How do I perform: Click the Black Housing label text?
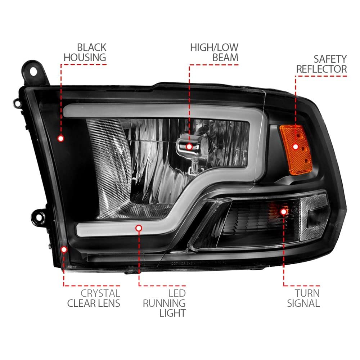[x=85, y=53]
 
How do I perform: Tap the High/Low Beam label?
[x=214, y=53]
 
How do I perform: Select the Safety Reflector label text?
[x=321, y=64]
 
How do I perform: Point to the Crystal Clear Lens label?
[x=94, y=298]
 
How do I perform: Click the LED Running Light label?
[x=164, y=303]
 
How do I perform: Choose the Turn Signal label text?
[x=303, y=298]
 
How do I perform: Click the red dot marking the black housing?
[x=61, y=139]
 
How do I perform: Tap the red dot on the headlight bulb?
[x=189, y=147]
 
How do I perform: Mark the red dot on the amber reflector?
[x=296, y=147]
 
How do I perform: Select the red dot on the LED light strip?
[x=139, y=228]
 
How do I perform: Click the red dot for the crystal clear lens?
[x=64, y=249]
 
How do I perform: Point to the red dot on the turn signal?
[x=284, y=212]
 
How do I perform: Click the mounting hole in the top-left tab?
[x=33, y=71]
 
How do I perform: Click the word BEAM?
[x=225, y=58]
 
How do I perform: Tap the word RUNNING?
[x=164, y=303]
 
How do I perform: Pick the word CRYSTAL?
[x=100, y=293]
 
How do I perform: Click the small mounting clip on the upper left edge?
[x=17, y=103]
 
